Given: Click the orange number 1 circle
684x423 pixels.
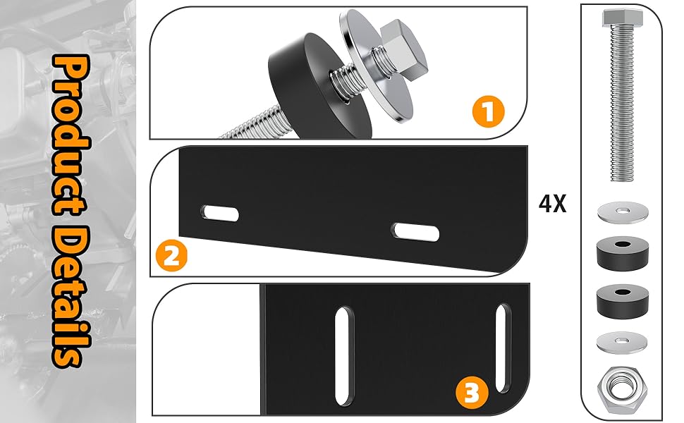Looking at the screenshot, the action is tap(488, 111).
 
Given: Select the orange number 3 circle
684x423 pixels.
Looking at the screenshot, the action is tap(472, 393).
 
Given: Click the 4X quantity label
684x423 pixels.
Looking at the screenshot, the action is tap(552, 204).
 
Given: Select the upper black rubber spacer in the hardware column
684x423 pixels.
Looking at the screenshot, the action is tap(623, 253).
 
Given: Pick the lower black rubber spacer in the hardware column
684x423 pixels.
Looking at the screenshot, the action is tap(623, 302).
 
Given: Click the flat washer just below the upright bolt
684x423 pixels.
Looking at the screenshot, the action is tap(623, 212).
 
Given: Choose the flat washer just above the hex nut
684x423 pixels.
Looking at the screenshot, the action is tap(622, 342).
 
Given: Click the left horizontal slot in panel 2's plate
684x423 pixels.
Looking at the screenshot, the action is tap(220, 213).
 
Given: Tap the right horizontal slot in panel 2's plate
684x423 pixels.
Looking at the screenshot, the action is tap(415, 231).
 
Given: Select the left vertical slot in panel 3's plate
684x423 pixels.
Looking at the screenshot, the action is tap(344, 356).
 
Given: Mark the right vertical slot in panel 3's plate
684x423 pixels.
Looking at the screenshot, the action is tap(503, 348).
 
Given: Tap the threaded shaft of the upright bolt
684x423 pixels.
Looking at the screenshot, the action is tap(623, 104).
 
